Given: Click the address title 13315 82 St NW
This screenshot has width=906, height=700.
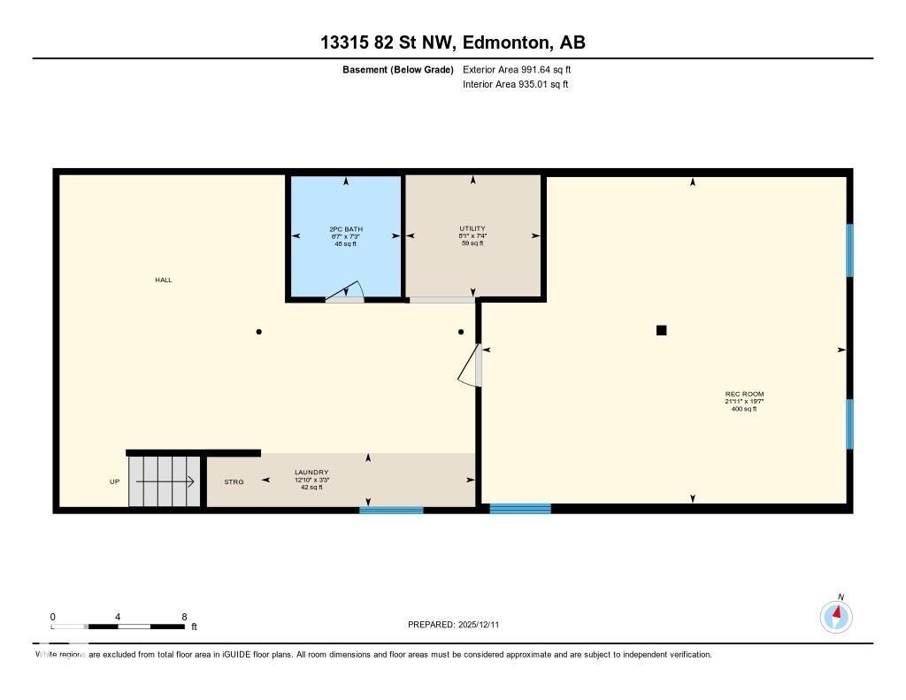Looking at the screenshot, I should (x=452, y=42).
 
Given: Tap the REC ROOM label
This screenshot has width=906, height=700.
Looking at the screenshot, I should (x=744, y=394).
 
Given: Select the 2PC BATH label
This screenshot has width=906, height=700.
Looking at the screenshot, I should (x=345, y=229).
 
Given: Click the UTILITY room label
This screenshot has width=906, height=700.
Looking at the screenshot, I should (x=472, y=228).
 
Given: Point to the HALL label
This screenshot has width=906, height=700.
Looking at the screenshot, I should (x=164, y=280).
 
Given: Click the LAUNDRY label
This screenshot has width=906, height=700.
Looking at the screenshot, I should (x=311, y=473).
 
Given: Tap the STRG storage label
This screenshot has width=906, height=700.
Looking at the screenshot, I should (x=234, y=481).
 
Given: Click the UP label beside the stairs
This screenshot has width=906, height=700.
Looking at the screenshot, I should (x=114, y=481).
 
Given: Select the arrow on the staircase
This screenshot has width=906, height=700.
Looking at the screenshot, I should (x=165, y=481).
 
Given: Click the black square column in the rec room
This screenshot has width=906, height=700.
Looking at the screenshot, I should (x=661, y=330).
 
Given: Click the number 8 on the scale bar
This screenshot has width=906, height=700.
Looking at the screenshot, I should (x=184, y=617).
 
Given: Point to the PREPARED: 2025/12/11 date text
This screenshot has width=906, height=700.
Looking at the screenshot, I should (x=459, y=625).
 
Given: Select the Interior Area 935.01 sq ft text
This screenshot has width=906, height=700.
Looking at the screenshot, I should (x=515, y=85).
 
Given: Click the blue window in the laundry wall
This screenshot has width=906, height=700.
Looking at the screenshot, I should (x=391, y=510).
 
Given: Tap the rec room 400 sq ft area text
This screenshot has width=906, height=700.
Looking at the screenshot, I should (x=744, y=409).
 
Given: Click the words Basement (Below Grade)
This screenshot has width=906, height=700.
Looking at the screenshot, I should (x=397, y=69).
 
